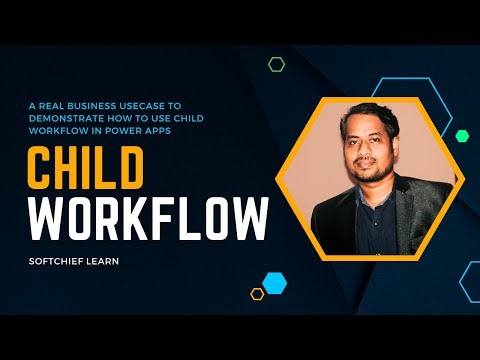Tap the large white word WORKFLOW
pos(147,217)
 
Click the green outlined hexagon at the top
pos(276,64)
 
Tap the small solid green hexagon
pos(462,135)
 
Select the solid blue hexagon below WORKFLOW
pos(274,283)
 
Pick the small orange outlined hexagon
pos(257,294)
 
